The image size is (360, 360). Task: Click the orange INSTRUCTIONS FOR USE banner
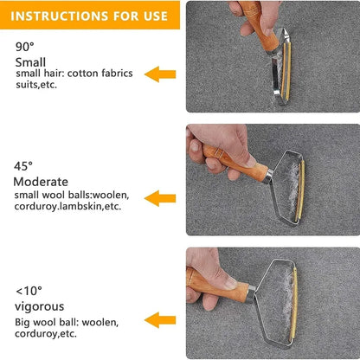(x=89, y=15)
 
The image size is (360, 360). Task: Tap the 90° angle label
(x=25, y=47)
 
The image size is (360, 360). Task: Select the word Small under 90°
(x=31, y=62)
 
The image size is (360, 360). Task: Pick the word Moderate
(x=41, y=182)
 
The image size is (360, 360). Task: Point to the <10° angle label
(x=29, y=290)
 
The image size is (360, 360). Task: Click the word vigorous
(x=38, y=306)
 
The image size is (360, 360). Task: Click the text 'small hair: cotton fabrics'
(x=74, y=74)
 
